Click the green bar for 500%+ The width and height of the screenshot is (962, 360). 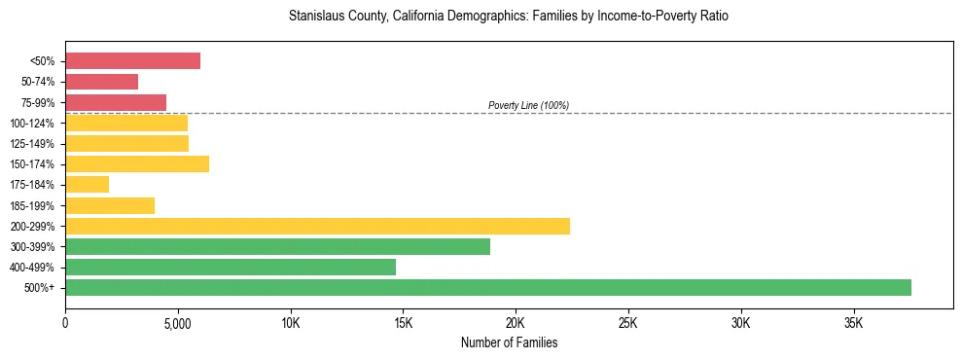[488, 287]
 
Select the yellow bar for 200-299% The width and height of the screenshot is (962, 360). [317, 226]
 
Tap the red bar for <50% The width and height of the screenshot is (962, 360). [132, 61]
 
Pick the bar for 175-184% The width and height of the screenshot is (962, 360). [87, 184]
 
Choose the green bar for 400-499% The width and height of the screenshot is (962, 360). [231, 267]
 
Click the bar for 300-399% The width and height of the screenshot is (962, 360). [277, 246]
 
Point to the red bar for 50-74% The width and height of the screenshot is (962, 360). [101, 82]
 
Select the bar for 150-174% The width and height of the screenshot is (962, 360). [137, 163]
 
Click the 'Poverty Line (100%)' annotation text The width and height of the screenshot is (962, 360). [528, 105]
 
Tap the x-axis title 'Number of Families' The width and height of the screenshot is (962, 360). [509, 342]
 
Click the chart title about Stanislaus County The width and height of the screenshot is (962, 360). [509, 17]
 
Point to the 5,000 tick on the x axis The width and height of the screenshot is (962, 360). [178, 322]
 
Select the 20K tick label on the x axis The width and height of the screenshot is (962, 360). [516, 322]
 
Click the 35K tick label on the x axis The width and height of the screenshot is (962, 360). [854, 322]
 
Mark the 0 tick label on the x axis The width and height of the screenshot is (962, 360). [65, 322]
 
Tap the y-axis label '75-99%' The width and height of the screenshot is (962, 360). [37, 102]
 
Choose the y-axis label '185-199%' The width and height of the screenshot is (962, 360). [34, 205]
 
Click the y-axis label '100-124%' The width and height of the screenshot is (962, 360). [34, 123]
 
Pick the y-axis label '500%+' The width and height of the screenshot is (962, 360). [41, 288]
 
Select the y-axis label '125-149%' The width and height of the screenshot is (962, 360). [34, 143]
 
